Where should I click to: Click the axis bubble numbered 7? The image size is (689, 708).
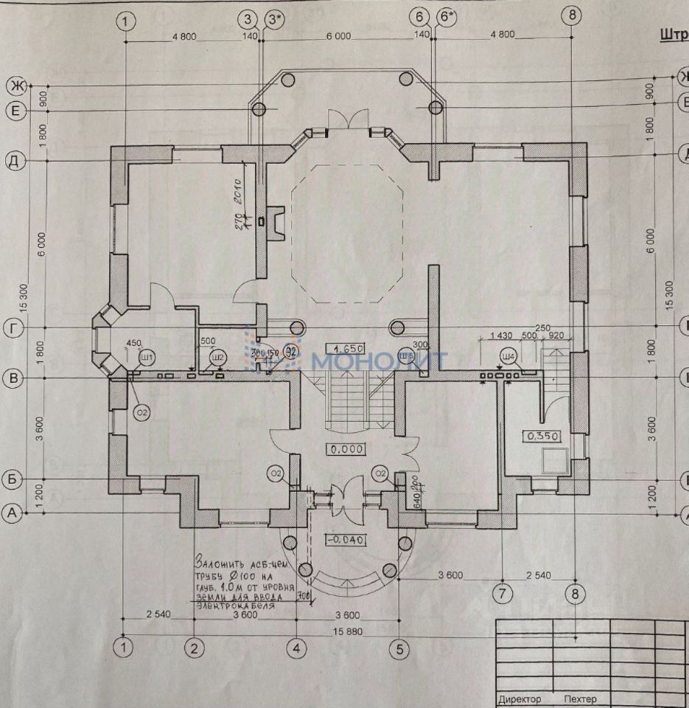501,592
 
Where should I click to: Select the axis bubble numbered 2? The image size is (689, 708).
194,649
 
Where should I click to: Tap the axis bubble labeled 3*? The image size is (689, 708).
275,19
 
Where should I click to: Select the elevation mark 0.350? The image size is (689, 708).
542,436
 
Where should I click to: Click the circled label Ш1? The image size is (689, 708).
147,358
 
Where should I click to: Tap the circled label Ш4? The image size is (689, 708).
507,358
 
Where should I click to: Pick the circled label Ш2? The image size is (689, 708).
217,358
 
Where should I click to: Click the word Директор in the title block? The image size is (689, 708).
520,698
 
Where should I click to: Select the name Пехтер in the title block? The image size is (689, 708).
579,698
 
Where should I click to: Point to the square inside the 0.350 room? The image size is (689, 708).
553,461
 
